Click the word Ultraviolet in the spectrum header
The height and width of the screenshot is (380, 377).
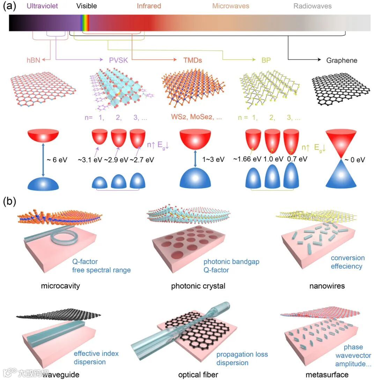point(43,6)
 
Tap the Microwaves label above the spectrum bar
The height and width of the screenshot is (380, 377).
point(231,6)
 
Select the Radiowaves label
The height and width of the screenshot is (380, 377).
point(312,6)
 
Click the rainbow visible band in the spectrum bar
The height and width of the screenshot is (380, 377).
point(84,23)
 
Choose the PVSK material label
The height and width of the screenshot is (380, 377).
point(118,60)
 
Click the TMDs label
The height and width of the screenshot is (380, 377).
point(193,60)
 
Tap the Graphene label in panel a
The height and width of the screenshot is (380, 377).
point(342,60)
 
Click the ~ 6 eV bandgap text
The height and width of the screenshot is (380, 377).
point(57,160)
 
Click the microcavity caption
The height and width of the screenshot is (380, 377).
point(60,286)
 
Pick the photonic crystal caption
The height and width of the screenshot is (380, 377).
point(198,286)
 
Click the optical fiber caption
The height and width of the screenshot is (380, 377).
point(198,375)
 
